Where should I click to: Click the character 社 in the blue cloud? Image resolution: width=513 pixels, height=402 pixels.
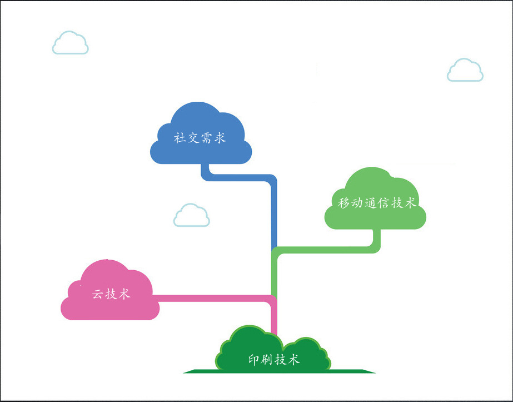tap(180, 138)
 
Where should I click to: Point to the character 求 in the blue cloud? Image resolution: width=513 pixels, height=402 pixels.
tap(221, 138)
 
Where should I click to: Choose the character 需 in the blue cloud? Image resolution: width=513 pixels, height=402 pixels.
tap(207, 138)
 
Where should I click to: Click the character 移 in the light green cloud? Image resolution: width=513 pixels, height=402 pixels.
tap(344, 203)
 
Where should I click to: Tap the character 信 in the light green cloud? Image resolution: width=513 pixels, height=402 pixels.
tap(384, 203)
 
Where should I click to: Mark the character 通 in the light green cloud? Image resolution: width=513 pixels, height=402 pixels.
tap(371, 203)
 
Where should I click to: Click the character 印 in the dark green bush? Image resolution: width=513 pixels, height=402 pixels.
tap(254, 359)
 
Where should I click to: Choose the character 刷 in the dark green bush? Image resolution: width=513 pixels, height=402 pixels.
tap(267, 359)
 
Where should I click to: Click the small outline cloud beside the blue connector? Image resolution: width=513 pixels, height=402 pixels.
tap(191, 216)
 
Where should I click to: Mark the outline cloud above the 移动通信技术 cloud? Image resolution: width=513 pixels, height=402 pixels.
tap(465, 71)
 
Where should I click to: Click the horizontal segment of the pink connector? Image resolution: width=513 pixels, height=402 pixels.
tap(211, 299)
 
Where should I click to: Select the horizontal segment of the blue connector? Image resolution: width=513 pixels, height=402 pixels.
tap(239, 178)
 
